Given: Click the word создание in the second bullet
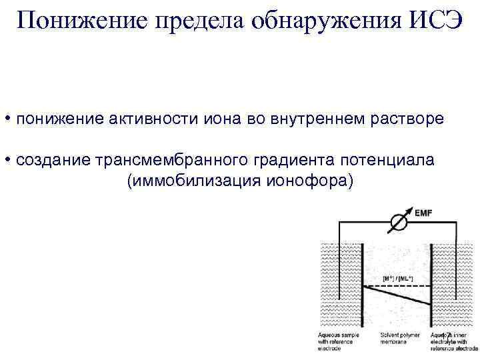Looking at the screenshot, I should (x=54, y=161).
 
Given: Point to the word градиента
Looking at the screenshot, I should (x=293, y=161).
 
